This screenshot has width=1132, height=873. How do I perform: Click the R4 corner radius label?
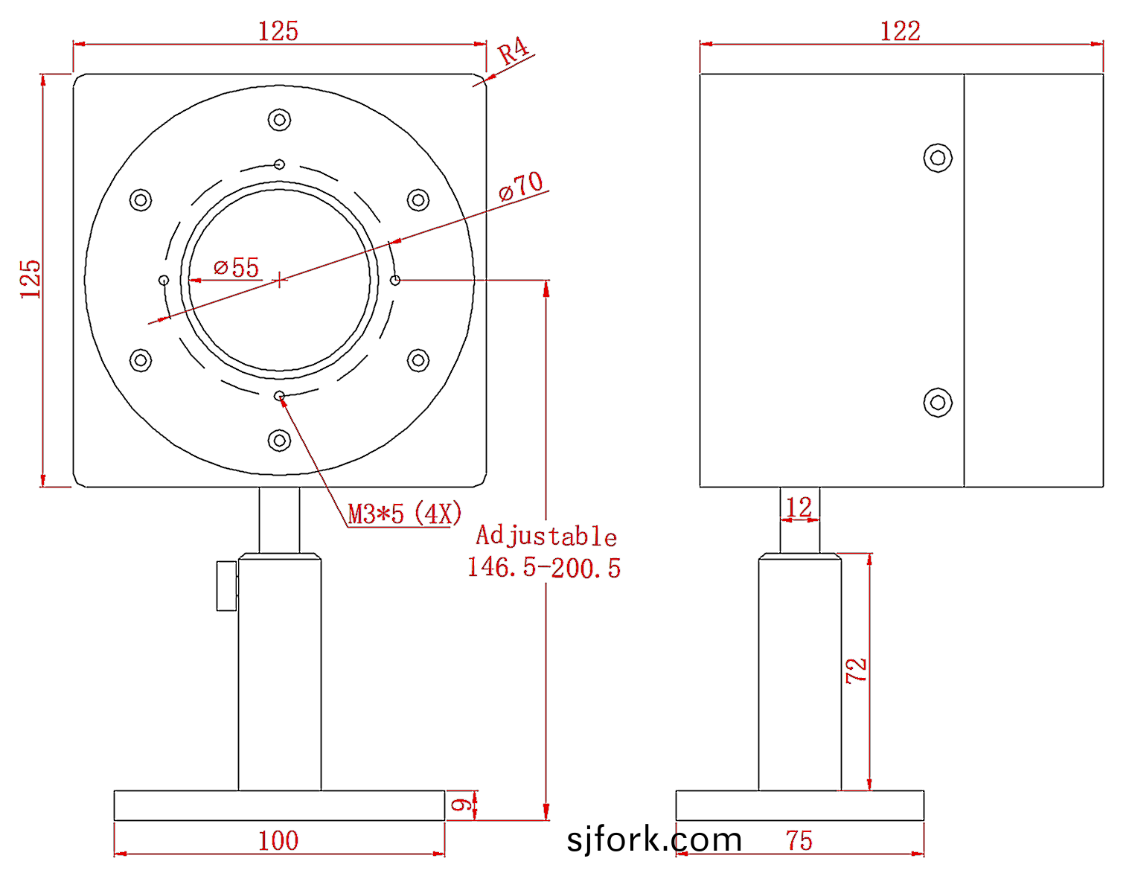pyautogui.click(x=513, y=51)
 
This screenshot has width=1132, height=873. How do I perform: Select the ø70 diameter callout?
pyautogui.click(x=521, y=185)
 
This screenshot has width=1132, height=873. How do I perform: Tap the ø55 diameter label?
pyautogui.click(x=237, y=267)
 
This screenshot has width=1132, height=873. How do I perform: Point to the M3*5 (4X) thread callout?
pyautogui.click(x=405, y=514)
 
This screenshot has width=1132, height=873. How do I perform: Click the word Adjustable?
pyautogui.click(x=546, y=536)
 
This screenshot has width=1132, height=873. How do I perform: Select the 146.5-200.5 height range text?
pyautogui.click(x=544, y=568)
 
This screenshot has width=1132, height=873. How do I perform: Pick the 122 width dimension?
pyautogui.click(x=901, y=31)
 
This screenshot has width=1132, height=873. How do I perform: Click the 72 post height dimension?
pyautogui.click(x=857, y=670)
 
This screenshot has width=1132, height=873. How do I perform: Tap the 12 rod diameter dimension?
pyautogui.click(x=799, y=508)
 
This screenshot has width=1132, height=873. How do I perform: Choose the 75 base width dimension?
pyautogui.click(x=799, y=841)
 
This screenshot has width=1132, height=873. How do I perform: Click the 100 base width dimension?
pyautogui.click(x=278, y=841)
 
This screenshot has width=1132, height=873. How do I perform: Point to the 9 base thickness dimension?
pyautogui.click(x=461, y=805)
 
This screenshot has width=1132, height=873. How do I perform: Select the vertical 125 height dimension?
pyautogui.click(x=31, y=280)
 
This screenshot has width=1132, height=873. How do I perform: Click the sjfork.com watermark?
pyautogui.click(x=654, y=840)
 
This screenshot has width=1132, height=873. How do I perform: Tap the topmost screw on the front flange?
pyautogui.click(x=279, y=120)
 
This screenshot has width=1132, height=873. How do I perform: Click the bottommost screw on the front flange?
pyautogui.click(x=279, y=441)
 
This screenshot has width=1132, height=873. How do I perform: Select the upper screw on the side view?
pyautogui.click(x=938, y=158)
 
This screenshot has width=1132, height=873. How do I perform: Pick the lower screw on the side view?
pyautogui.click(x=938, y=403)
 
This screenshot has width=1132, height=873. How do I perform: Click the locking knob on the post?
pyautogui.click(x=227, y=586)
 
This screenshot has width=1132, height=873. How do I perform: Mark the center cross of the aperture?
pyautogui.click(x=279, y=280)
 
